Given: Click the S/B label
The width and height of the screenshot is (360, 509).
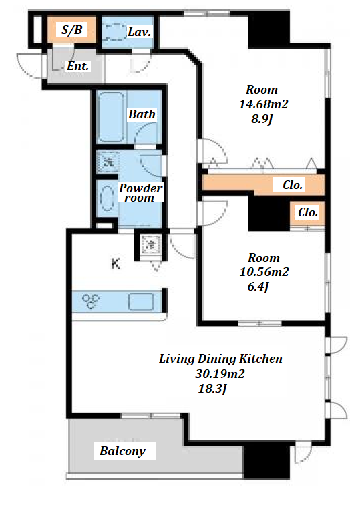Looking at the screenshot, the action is point(72,30).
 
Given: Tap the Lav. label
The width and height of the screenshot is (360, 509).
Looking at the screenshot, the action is point(140,32).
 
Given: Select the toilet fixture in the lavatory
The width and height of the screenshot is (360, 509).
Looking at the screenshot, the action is point(114,32).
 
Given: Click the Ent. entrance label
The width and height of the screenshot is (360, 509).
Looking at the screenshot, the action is point(78,66).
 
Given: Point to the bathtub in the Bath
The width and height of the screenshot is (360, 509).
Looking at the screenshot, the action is point(111,116).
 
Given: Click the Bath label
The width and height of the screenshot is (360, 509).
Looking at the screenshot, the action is point(142,114).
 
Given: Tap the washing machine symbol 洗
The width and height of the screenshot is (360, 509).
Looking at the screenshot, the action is point(108,162).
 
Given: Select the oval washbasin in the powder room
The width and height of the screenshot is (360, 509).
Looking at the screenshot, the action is point(107,198).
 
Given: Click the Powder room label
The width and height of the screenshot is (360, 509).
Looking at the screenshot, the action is point(140,193).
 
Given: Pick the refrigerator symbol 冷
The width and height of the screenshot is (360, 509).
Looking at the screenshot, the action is point(151,244).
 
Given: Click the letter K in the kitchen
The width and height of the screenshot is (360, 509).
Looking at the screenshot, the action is point(116,264).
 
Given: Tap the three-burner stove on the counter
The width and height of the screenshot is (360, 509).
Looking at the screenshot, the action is point(91,301).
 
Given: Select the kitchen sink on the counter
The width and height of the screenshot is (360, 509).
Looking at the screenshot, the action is point(141,302).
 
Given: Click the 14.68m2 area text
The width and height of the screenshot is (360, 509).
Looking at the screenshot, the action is point(264,104).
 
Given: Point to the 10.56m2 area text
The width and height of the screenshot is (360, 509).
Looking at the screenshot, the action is point(264,272).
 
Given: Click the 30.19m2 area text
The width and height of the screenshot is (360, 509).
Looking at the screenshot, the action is point(220,374).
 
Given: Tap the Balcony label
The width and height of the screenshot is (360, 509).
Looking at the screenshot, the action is point(122,451).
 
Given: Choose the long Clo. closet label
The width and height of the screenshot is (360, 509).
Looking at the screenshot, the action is point(293,185).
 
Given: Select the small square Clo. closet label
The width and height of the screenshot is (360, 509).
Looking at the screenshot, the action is point(308,212).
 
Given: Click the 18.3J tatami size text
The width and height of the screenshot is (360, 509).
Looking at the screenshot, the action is point(212,389).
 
